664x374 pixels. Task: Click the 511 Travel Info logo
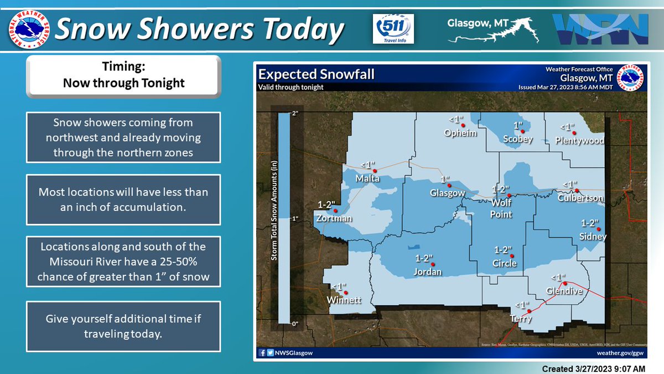tap(394, 28)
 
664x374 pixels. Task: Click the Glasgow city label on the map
tap(447, 193)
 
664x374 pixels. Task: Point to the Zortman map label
tap(333, 218)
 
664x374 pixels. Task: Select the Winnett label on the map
tap(344, 300)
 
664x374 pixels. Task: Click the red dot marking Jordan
tap(433, 264)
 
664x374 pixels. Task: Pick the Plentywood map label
tap(579, 141)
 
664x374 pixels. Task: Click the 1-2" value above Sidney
tap(590, 223)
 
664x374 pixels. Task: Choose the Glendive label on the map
tap(564, 291)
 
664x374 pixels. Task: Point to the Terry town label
tap(521, 319)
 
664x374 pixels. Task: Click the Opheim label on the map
tap(460, 133)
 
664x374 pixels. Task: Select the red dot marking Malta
tap(374, 171)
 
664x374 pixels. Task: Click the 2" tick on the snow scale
tap(295, 113)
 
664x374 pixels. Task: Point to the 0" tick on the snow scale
tap(295, 324)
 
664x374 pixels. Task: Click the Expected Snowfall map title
tap(317, 74)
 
